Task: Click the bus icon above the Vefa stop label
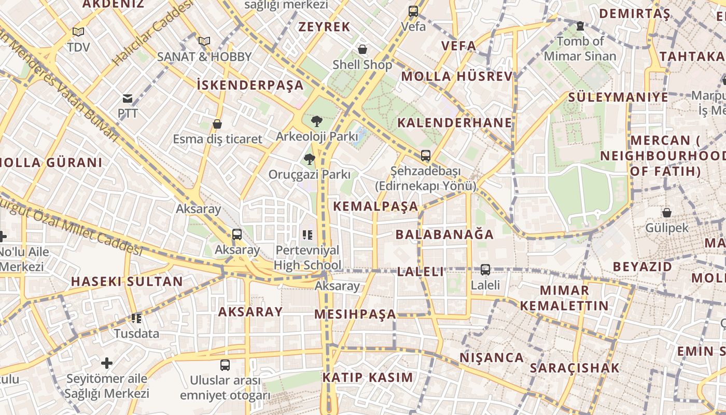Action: click(413, 11)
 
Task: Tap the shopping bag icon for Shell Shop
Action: click(362, 49)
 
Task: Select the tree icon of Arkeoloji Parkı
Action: click(316, 121)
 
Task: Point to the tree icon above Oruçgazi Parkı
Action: click(310, 159)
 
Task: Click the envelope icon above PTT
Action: click(128, 98)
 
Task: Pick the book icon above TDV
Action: click(78, 32)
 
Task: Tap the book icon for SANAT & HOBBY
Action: click(204, 41)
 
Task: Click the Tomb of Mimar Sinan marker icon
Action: click(580, 25)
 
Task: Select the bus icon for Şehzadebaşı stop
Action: click(426, 155)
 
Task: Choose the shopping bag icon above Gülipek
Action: click(667, 213)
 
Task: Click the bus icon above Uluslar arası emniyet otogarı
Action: click(225, 365)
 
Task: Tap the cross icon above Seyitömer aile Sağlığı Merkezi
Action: click(107, 363)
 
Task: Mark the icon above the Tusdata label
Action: click(136, 318)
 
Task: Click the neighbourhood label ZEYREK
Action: click(325, 27)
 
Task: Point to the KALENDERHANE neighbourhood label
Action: click(455, 123)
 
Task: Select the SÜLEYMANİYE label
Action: click(618, 97)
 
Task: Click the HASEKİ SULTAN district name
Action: click(127, 282)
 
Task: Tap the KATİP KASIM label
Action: click(368, 377)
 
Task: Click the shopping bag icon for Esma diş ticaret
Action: click(217, 125)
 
